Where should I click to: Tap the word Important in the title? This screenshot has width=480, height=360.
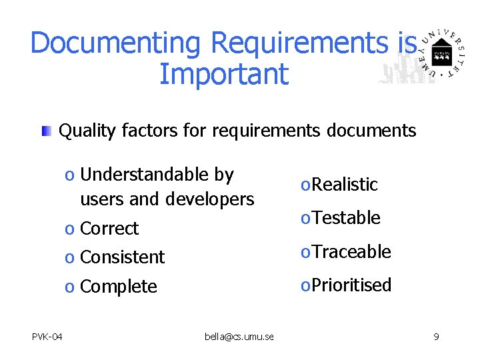tap(223, 74)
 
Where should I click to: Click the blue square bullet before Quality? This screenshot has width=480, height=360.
tap(45, 131)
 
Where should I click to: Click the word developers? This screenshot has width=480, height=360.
tap(210, 199)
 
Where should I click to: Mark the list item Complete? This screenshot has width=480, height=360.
tap(118, 287)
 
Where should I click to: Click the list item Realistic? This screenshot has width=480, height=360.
tap(344, 185)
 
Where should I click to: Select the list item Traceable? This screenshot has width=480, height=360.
tap(351, 251)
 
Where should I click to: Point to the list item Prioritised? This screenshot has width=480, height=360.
tap(351, 285)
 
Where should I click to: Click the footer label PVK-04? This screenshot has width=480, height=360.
tap(47, 337)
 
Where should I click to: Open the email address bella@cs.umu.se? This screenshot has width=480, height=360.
tap(239, 337)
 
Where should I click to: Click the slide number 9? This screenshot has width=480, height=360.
tap(436, 337)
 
